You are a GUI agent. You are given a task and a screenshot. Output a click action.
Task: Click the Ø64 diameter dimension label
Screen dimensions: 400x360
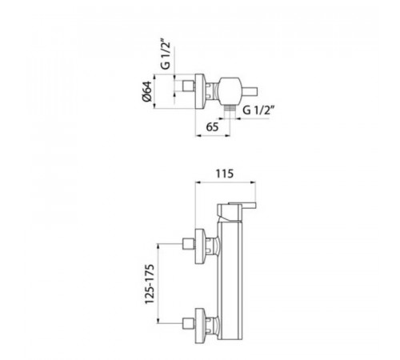147,91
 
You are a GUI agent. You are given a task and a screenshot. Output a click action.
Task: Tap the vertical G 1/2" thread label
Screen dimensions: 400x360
166,55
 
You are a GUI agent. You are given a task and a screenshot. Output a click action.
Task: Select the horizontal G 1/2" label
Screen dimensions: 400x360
258,110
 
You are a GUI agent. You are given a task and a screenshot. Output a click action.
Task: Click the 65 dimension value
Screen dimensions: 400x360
212,127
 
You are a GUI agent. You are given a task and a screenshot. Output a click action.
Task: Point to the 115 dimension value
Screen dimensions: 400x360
224,174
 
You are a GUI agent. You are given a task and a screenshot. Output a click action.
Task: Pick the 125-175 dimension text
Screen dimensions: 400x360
150,284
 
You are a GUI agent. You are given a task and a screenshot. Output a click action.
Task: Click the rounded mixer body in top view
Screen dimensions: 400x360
230,91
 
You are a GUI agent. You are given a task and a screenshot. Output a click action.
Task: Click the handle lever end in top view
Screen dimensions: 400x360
249,91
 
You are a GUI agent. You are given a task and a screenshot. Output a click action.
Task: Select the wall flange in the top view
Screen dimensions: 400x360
200,91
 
